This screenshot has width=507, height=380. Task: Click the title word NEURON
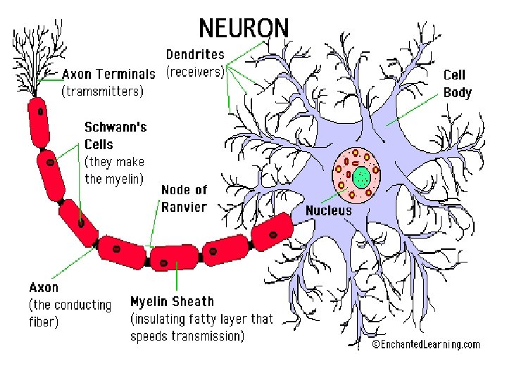point(244,28)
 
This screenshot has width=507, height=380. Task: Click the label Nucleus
point(328,210)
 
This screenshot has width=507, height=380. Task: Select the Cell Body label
point(457,83)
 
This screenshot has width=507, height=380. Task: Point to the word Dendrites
point(195,54)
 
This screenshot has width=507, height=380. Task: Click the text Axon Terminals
point(108,74)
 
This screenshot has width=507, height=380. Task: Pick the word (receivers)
point(195,71)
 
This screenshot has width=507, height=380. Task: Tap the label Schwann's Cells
point(115,135)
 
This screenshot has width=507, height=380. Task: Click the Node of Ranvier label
point(184,198)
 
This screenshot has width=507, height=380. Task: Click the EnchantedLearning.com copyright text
point(426,344)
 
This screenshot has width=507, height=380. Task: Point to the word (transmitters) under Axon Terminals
point(102,91)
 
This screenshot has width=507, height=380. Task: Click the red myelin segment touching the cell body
point(273,231)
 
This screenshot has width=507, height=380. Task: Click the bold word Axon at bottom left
point(44,287)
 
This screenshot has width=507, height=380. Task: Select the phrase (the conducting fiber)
point(69,313)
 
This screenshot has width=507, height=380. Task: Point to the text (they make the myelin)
point(114,170)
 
